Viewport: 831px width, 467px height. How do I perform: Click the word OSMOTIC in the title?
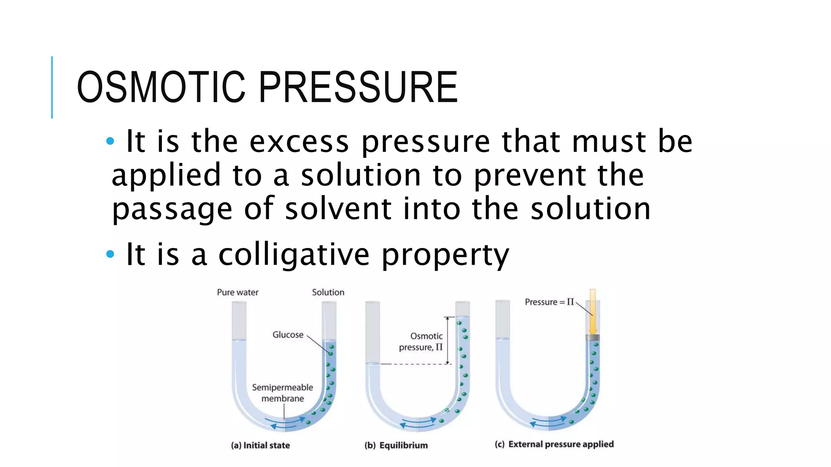click(161, 87)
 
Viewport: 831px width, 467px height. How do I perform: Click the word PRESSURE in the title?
click(358, 87)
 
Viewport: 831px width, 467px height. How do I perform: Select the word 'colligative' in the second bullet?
click(294, 255)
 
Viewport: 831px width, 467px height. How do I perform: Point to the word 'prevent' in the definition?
click(529, 176)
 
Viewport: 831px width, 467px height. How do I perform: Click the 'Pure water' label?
click(237, 292)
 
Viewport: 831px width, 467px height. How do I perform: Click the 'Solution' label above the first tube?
click(328, 292)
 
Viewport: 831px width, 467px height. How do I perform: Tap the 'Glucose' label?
click(288, 335)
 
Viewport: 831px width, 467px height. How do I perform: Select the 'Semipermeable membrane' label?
click(282, 393)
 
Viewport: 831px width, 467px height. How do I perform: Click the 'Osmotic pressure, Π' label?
click(422, 342)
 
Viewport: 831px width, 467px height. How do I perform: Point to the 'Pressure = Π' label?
click(549, 302)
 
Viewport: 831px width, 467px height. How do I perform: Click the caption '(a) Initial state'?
click(260, 445)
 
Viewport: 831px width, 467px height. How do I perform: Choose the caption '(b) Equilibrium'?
click(396, 445)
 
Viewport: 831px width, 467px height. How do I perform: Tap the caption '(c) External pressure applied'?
click(554, 444)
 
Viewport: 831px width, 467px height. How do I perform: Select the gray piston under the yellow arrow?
click(593, 338)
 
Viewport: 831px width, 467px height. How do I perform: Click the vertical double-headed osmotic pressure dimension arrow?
click(448, 341)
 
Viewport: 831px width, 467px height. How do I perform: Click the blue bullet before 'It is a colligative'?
click(110, 255)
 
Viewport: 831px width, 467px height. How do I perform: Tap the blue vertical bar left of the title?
click(52, 87)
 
